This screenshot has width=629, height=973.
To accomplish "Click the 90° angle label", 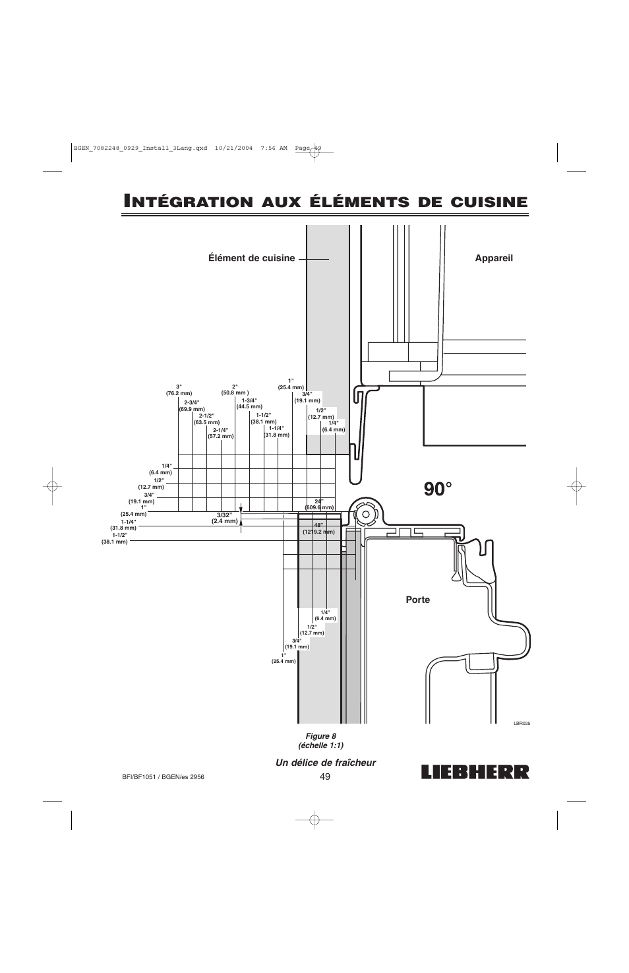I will click(x=438, y=489).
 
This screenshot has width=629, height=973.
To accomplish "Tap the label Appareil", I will click(x=494, y=258).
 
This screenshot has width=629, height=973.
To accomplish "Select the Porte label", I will click(x=418, y=600).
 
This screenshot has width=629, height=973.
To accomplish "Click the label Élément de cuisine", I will click(x=252, y=258).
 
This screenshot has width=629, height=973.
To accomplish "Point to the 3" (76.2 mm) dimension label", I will click(x=179, y=390).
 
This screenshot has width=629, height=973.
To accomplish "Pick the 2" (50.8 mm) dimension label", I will click(x=235, y=390).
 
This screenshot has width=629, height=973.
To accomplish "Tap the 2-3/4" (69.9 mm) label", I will click(x=192, y=406).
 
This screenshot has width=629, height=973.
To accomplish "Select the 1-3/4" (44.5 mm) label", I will click(x=249, y=403).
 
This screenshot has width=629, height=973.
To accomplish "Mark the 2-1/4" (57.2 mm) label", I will click(x=220, y=433).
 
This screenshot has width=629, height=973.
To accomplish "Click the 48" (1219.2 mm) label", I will click(x=319, y=528).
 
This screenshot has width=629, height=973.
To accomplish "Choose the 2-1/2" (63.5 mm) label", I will click(x=206, y=419).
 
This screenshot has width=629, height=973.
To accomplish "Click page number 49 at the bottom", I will click(x=324, y=776).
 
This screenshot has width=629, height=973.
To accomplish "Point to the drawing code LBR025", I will click(x=522, y=723).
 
